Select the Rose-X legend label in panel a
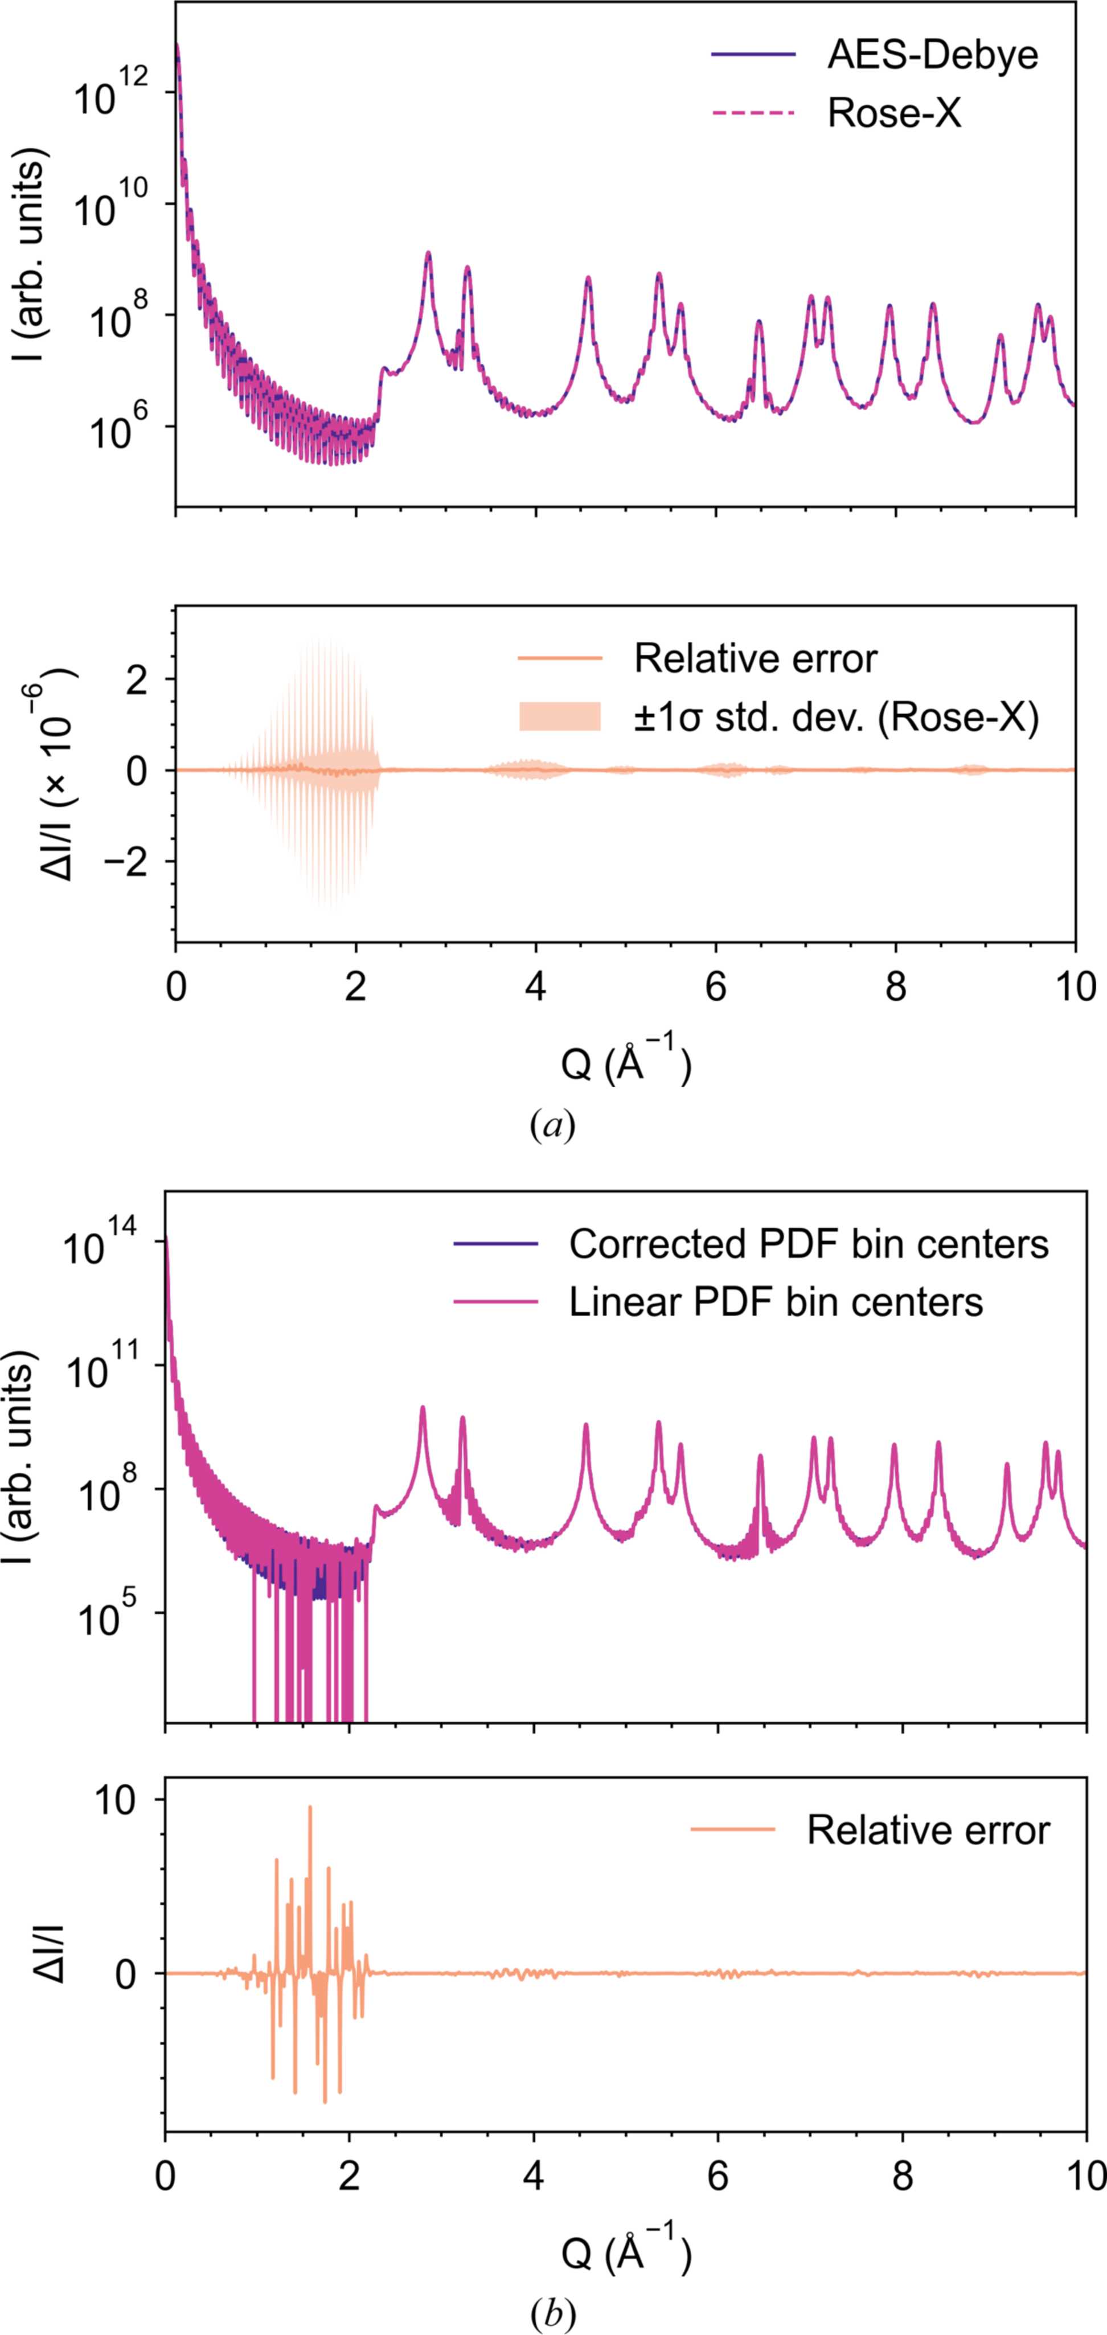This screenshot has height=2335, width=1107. point(894,114)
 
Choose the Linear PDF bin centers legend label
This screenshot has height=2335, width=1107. point(776,1302)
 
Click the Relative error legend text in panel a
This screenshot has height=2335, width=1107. point(755,659)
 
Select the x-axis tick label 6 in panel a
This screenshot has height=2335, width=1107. point(716,986)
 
